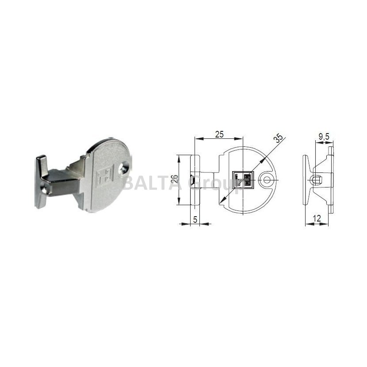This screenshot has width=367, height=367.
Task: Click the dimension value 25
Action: tap(219, 134)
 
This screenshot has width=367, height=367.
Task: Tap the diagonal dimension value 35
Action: tap(279, 138)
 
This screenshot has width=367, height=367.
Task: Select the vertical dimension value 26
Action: tap(174, 179)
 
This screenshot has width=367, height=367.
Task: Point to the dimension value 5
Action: tap(195, 220)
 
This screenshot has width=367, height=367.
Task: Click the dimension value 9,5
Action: tap(324, 136)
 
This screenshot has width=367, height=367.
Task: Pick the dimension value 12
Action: tap(317, 218)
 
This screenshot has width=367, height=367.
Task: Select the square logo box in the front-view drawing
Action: tap(243, 180)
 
